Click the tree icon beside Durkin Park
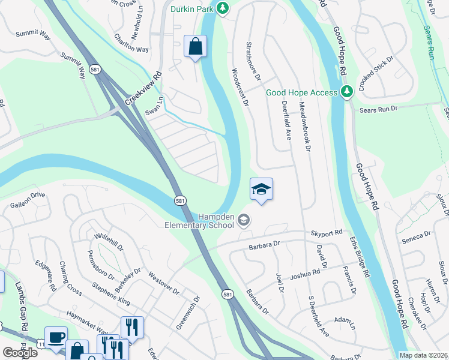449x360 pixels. point(223,8)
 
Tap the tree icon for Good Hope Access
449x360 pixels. point(346,92)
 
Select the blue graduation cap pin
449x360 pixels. point(261,189)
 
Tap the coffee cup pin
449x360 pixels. point(56,338)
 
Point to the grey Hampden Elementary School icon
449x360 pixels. point(243,221)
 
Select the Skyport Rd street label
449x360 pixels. point(326,232)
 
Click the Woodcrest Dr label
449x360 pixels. point(240,87)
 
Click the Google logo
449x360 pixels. point(20,353)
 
